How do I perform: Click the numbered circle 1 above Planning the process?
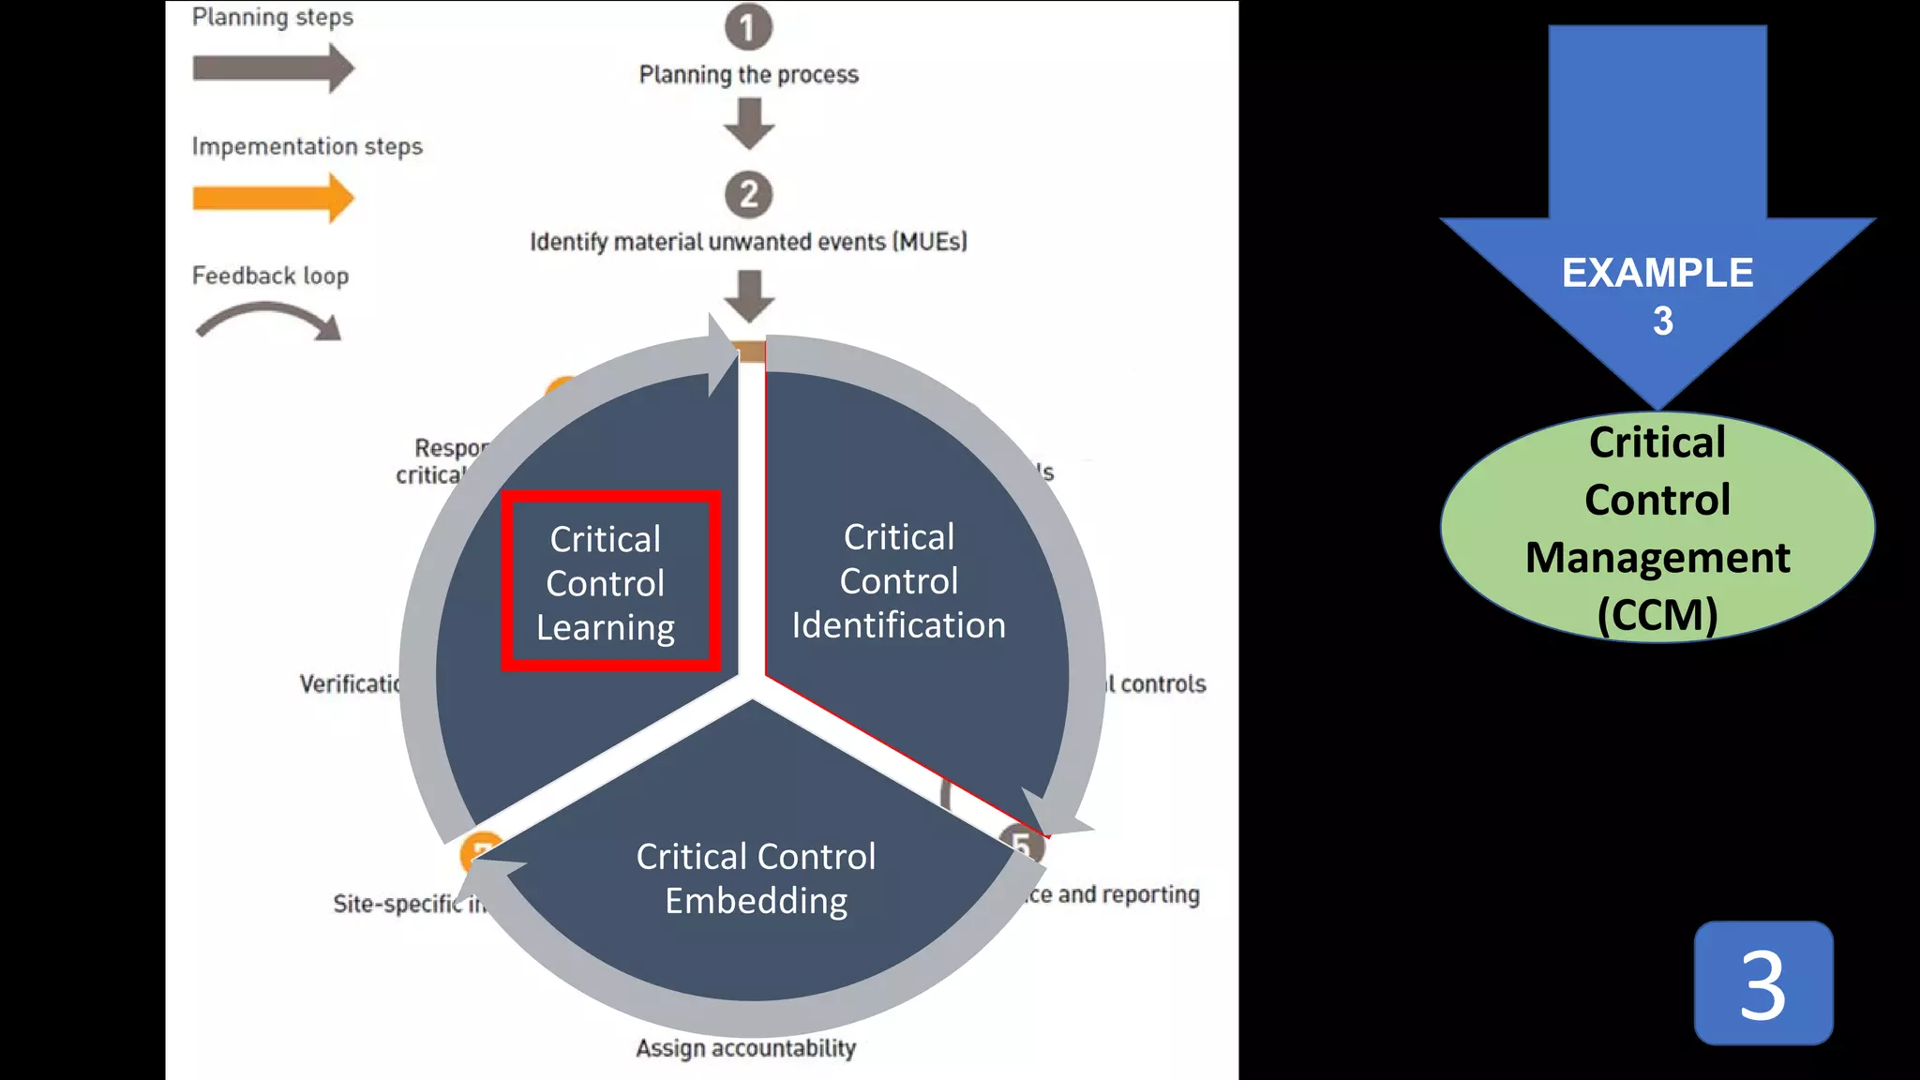click(748, 27)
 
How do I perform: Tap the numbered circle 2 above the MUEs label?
click(748, 194)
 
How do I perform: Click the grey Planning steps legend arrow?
click(273, 68)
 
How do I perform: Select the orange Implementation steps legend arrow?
click(273, 198)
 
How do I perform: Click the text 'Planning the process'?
click(748, 75)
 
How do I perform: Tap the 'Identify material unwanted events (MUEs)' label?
click(748, 242)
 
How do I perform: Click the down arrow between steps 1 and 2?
click(749, 124)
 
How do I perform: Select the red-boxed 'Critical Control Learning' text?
click(606, 582)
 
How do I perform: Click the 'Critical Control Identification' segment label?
click(898, 581)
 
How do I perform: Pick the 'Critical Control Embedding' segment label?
click(756, 878)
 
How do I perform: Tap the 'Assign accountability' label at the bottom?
click(745, 1047)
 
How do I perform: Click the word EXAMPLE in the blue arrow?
click(1657, 274)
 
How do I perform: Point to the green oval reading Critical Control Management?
click(1657, 528)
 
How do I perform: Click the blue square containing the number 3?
click(1762, 982)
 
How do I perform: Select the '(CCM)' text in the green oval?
click(1657, 615)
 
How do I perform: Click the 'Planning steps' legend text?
click(273, 18)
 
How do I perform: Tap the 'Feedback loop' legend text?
click(270, 276)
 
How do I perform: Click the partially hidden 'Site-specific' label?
click(397, 904)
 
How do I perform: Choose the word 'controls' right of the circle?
click(1162, 684)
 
